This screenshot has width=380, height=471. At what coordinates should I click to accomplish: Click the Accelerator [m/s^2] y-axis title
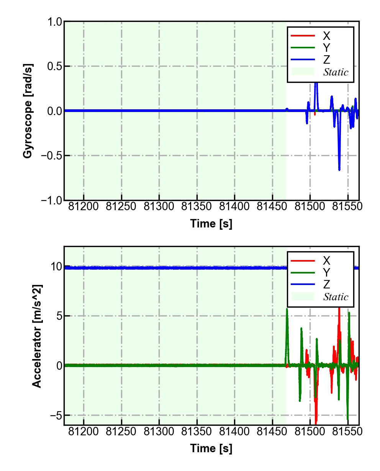[x=37, y=336]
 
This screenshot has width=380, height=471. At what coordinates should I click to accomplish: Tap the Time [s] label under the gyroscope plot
[x=211, y=224]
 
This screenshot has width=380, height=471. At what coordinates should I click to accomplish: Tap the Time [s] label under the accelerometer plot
[x=211, y=448]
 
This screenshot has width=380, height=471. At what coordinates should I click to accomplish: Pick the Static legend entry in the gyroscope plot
[x=336, y=72]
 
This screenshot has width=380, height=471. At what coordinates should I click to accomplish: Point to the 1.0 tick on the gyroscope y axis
[x=54, y=22]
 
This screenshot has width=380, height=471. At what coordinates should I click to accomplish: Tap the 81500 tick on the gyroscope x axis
[x=310, y=207]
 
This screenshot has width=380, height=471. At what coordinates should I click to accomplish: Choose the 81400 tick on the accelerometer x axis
[x=235, y=431]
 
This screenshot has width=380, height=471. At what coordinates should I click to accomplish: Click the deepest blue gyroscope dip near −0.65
[x=339, y=169]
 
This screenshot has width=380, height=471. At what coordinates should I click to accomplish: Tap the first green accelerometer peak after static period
[x=287, y=309]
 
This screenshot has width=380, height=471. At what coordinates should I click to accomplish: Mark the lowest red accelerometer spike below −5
[x=316, y=421]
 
